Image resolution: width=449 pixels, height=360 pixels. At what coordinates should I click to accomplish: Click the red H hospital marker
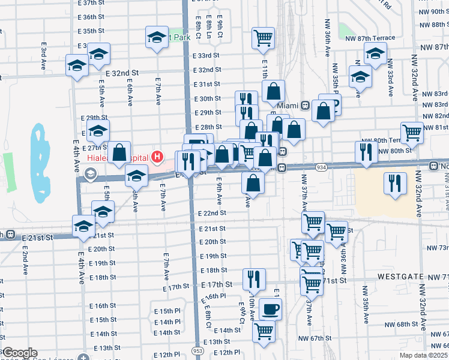click(157, 157)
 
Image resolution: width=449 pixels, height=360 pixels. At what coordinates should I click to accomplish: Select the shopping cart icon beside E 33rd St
click(263, 38)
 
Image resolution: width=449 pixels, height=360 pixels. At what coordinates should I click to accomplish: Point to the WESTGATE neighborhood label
click(401, 277)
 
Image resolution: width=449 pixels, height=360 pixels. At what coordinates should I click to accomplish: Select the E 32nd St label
click(122, 73)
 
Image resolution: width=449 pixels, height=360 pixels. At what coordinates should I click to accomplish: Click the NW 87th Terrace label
click(370, 38)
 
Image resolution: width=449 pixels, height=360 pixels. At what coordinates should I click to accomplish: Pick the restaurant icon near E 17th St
click(254, 278)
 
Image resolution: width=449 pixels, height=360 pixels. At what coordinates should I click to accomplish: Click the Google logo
click(19, 353)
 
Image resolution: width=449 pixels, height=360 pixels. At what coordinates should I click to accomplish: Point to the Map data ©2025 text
click(423, 355)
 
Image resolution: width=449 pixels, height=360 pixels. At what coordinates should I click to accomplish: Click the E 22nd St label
click(212, 213)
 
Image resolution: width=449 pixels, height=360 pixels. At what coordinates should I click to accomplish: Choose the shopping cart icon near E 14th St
click(264, 331)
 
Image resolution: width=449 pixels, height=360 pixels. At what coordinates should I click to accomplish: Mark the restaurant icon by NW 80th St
click(366, 151)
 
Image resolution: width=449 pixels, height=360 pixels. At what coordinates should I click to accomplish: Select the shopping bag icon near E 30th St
click(274, 92)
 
